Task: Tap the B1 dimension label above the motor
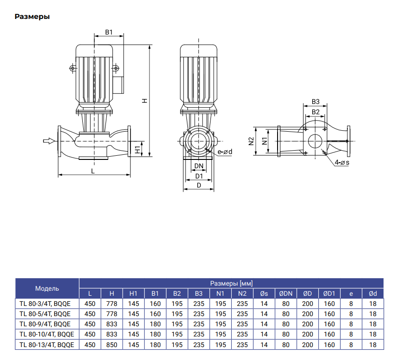point(109,32)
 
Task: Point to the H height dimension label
point(144,100)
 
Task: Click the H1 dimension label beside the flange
point(137,150)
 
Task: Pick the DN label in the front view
point(199,166)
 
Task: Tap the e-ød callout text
point(225,152)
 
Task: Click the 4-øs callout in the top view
point(342,163)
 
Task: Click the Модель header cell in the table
point(47,288)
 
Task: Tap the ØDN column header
point(285,293)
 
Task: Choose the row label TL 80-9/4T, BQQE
point(45,324)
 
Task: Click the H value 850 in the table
point(111,344)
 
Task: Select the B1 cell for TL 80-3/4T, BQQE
point(155,304)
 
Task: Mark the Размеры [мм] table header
point(231,283)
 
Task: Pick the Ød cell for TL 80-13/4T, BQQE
point(373,344)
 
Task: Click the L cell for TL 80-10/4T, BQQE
point(90,334)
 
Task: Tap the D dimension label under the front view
point(199,186)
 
